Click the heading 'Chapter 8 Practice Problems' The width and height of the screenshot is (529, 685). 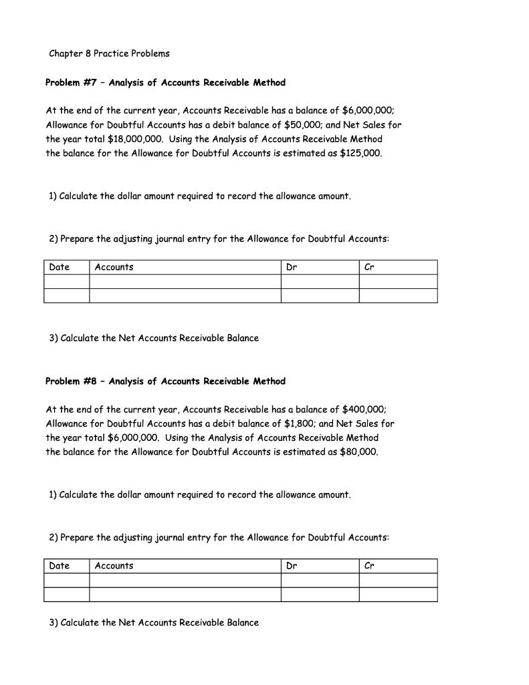(109, 54)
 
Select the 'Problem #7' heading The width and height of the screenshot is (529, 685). (165, 83)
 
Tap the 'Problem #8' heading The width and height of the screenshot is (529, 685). (165, 381)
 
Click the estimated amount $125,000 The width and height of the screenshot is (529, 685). (360, 153)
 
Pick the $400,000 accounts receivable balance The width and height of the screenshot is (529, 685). (363, 409)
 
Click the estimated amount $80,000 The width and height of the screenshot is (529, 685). (358, 452)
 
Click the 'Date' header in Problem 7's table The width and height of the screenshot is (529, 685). (60, 268)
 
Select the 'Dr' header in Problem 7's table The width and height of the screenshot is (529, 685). (292, 268)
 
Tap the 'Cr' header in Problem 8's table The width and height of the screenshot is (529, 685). (369, 566)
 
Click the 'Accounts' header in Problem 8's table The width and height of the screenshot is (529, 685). (114, 566)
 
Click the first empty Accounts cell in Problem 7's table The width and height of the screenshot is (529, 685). (185, 282)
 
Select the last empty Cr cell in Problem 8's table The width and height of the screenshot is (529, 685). (398, 595)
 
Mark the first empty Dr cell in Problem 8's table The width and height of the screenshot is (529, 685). (320, 580)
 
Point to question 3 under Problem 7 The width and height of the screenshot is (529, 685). (154, 338)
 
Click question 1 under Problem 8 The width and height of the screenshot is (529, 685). (199, 495)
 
